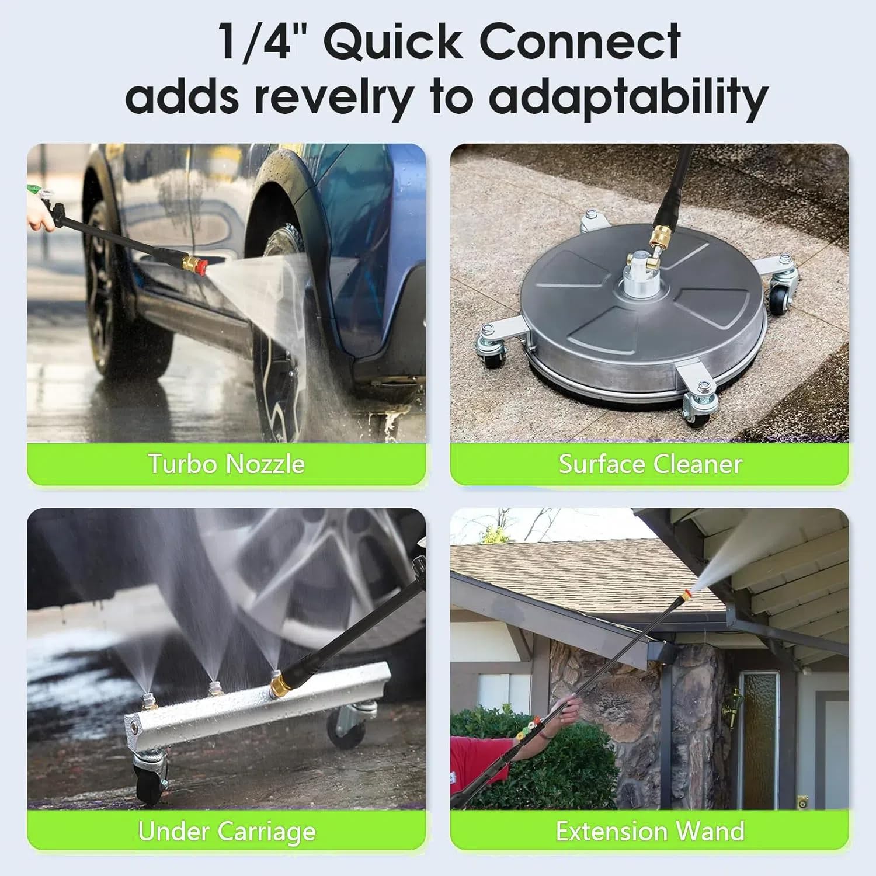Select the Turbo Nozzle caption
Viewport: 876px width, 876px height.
click(x=227, y=464)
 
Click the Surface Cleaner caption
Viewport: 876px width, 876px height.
click(x=649, y=464)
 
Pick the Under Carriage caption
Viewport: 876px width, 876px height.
click(x=227, y=831)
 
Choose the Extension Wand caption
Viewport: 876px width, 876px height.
click(x=649, y=831)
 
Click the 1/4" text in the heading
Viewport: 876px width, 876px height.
click(x=255, y=42)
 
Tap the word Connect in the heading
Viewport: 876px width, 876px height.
click(x=580, y=42)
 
